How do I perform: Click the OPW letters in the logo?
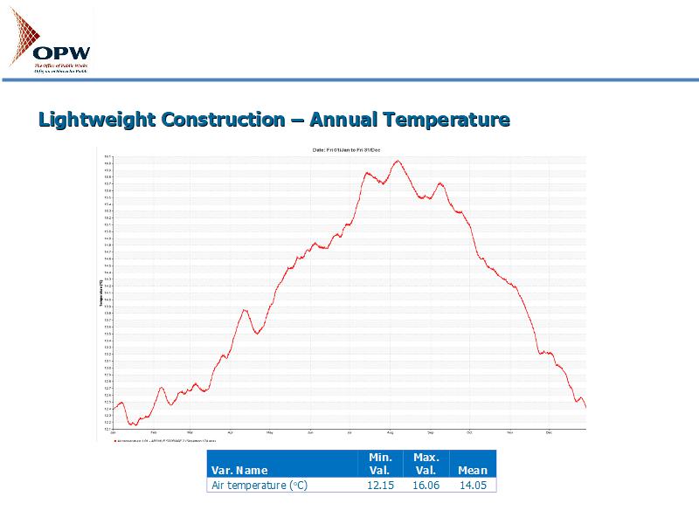[x=61, y=52]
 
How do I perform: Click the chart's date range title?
[x=340, y=150]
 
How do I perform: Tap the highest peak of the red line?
[x=397, y=161]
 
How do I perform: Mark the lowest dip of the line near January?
[x=132, y=424]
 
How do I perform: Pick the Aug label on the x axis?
[x=391, y=432]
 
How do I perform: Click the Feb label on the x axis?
[x=154, y=432]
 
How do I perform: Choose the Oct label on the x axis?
[x=469, y=432]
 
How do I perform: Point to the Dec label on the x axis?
[x=549, y=432]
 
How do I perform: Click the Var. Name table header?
[x=240, y=471]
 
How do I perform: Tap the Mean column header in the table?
[x=473, y=471]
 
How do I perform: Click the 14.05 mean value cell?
[x=473, y=485]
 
